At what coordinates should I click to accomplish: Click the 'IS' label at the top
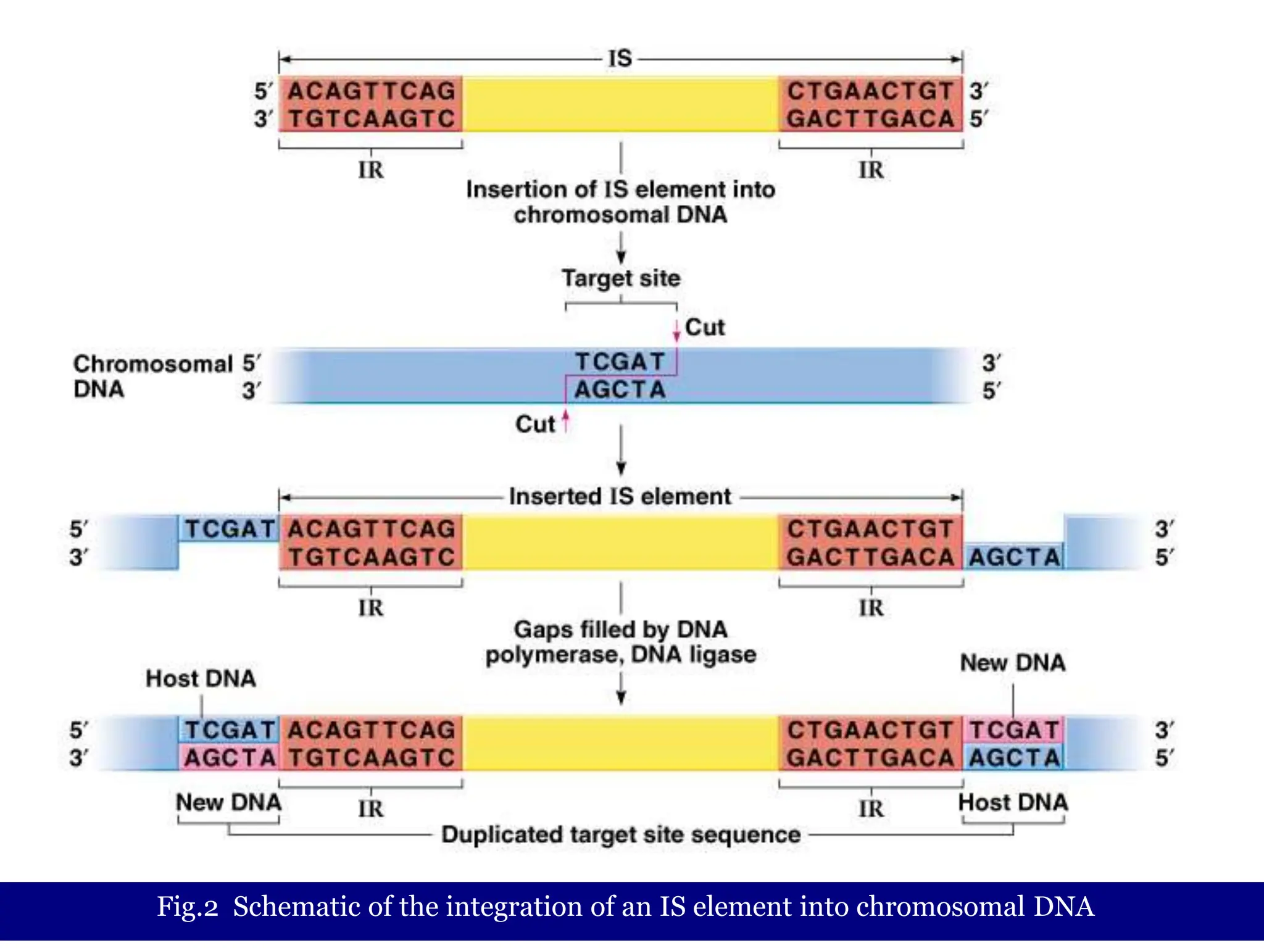pyautogui.click(x=620, y=59)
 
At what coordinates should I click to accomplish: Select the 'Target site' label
pyautogui.click(x=621, y=278)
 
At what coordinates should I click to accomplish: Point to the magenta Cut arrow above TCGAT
pyautogui.click(x=676, y=330)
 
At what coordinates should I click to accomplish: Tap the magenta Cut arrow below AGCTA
pyautogui.click(x=565, y=422)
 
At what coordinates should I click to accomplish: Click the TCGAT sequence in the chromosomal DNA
pyautogui.click(x=620, y=362)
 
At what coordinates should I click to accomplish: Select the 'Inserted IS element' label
pyautogui.click(x=620, y=496)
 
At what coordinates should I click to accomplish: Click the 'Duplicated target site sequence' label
pyautogui.click(x=621, y=834)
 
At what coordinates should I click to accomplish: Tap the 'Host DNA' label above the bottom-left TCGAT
pyautogui.click(x=201, y=678)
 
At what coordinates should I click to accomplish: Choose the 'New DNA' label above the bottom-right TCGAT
pyautogui.click(x=1013, y=663)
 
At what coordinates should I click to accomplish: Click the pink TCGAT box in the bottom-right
pyautogui.click(x=1014, y=730)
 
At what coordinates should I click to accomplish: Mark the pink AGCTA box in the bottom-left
pyautogui.click(x=230, y=758)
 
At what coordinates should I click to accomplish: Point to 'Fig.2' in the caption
pyautogui.click(x=188, y=907)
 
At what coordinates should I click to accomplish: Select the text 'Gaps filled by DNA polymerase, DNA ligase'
pyautogui.click(x=621, y=642)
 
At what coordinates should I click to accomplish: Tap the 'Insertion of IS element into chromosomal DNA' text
pyautogui.click(x=621, y=202)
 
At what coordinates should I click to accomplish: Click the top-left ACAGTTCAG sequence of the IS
pyautogui.click(x=372, y=91)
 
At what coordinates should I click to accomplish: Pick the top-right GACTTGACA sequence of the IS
pyautogui.click(x=870, y=119)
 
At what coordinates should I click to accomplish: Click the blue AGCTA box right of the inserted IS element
pyautogui.click(x=1014, y=557)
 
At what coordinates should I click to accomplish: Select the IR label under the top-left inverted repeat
pyautogui.click(x=371, y=170)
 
